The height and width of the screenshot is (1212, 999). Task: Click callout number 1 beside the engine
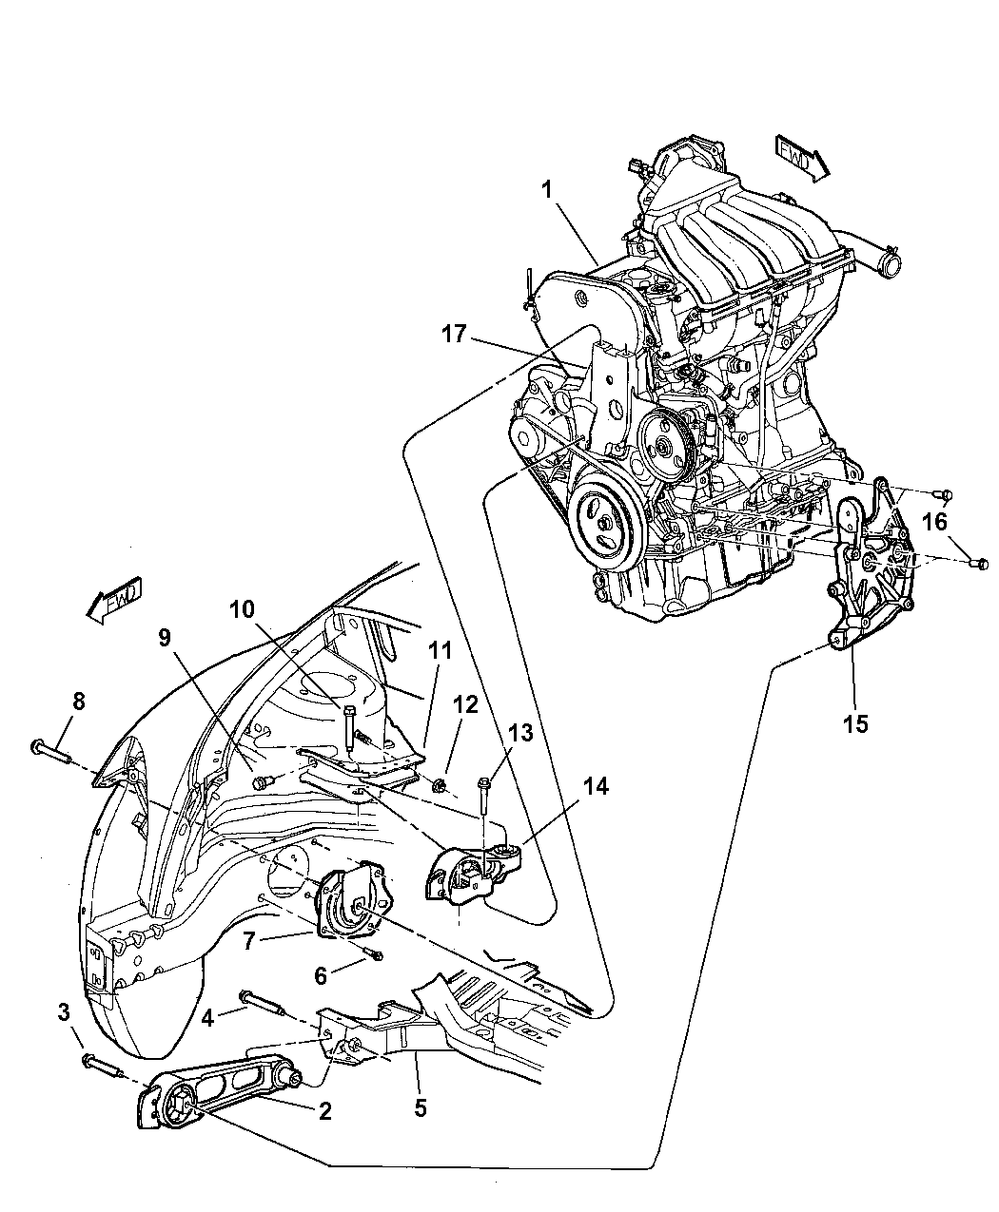tap(546, 190)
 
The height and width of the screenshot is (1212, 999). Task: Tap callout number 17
tap(454, 334)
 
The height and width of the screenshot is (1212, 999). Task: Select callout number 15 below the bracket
tap(855, 723)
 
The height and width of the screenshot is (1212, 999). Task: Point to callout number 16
tap(935, 522)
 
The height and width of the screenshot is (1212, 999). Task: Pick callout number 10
tap(242, 609)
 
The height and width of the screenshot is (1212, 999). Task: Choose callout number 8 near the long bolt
tap(78, 702)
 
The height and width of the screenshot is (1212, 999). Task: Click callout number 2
tap(324, 1110)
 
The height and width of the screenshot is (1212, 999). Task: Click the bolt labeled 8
tap(51, 752)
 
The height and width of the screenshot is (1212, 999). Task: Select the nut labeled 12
tap(440, 786)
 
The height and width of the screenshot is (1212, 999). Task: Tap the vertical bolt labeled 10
tap(348, 728)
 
